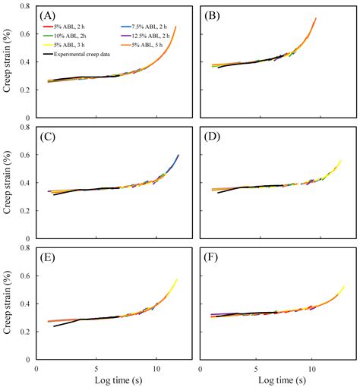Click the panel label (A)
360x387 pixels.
49,16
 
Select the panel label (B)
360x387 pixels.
211,16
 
